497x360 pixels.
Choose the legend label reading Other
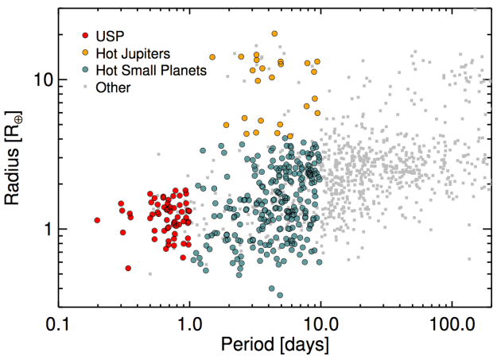click(112, 87)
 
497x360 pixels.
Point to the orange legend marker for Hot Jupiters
click(85, 52)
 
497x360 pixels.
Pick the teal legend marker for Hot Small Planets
click(85, 70)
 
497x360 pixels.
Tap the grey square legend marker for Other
click(85, 87)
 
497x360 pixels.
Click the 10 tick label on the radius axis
click(42, 80)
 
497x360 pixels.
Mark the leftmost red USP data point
click(97, 220)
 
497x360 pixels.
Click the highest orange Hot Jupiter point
click(274, 33)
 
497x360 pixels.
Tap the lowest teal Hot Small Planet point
click(279, 296)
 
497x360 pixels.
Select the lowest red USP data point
click(127, 269)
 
